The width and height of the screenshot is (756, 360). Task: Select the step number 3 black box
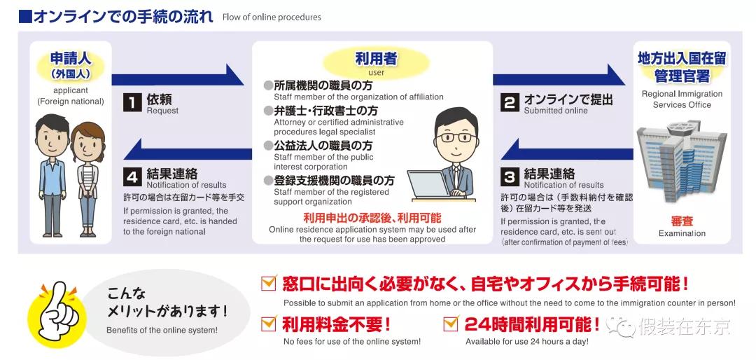[510, 176]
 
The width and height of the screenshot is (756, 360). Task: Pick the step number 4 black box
[132, 176]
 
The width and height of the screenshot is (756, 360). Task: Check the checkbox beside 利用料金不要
[268, 324]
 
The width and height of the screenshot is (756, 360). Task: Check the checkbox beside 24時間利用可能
[451, 324]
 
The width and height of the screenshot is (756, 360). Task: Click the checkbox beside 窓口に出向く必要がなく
[268, 284]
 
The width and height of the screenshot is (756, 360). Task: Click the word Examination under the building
[682, 233]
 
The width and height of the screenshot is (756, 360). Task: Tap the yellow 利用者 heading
[376, 60]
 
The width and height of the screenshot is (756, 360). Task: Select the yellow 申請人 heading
[71, 59]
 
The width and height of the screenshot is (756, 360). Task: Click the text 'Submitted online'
[556, 111]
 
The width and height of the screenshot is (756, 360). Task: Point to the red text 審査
[682, 221]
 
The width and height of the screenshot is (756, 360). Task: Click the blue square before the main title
[24, 15]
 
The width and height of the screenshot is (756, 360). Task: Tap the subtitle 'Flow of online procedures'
[272, 17]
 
